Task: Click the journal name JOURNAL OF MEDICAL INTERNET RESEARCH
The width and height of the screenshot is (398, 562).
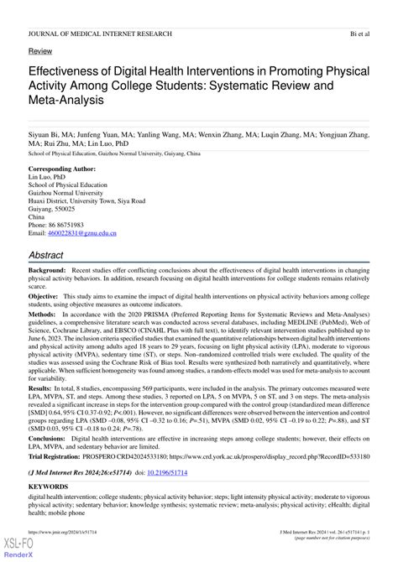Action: coord(100,34)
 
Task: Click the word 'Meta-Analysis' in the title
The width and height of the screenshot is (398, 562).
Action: coord(67,100)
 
